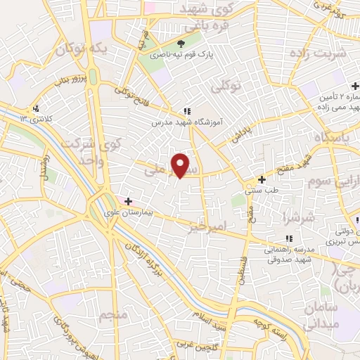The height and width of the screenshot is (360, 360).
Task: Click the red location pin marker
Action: [x=181, y=165]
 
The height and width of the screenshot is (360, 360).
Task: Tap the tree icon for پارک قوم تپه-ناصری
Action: [x=191, y=43]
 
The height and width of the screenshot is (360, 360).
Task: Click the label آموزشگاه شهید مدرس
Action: [x=186, y=122]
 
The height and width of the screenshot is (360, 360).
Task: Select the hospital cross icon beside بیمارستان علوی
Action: [x=129, y=201]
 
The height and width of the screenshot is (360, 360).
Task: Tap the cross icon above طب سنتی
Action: [x=262, y=179]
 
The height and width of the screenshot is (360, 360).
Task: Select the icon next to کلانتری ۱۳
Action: [x=35, y=108]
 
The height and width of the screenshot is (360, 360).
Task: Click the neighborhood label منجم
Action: [x=112, y=314]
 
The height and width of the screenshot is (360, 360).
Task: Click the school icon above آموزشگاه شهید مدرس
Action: [x=186, y=110]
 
